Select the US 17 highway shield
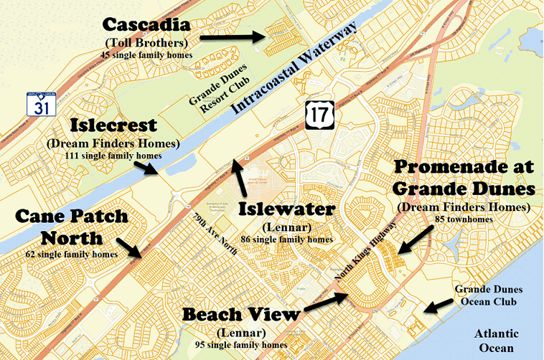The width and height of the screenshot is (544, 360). coord(317,115)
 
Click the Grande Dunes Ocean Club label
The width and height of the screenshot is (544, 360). coord(489,296)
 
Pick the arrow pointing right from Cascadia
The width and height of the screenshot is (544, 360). coord(230,34)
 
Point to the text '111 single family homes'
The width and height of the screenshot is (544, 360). coord(115,156)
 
